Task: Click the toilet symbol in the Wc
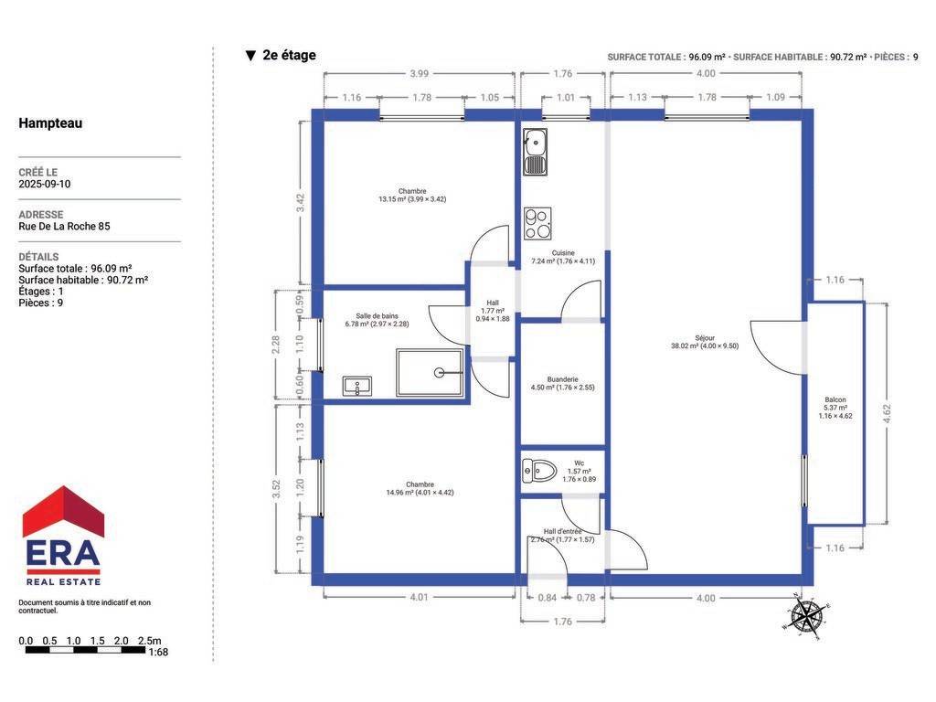(538, 471)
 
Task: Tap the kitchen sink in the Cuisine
(535, 153)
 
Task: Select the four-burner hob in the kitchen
(537, 223)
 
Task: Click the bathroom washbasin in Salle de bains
(357, 386)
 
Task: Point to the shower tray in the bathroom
(430, 373)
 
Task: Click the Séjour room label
(705, 338)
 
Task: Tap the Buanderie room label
(562, 379)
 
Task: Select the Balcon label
(835, 399)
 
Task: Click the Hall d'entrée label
(562, 531)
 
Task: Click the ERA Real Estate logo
(63, 536)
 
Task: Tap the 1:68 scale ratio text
(157, 653)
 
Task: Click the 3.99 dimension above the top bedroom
(419, 73)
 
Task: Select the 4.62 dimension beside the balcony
(887, 414)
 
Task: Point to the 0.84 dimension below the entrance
(547, 598)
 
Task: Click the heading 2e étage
(289, 56)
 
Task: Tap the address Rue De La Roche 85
(65, 227)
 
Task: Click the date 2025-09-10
(45, 184)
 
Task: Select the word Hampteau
(50, 123)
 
